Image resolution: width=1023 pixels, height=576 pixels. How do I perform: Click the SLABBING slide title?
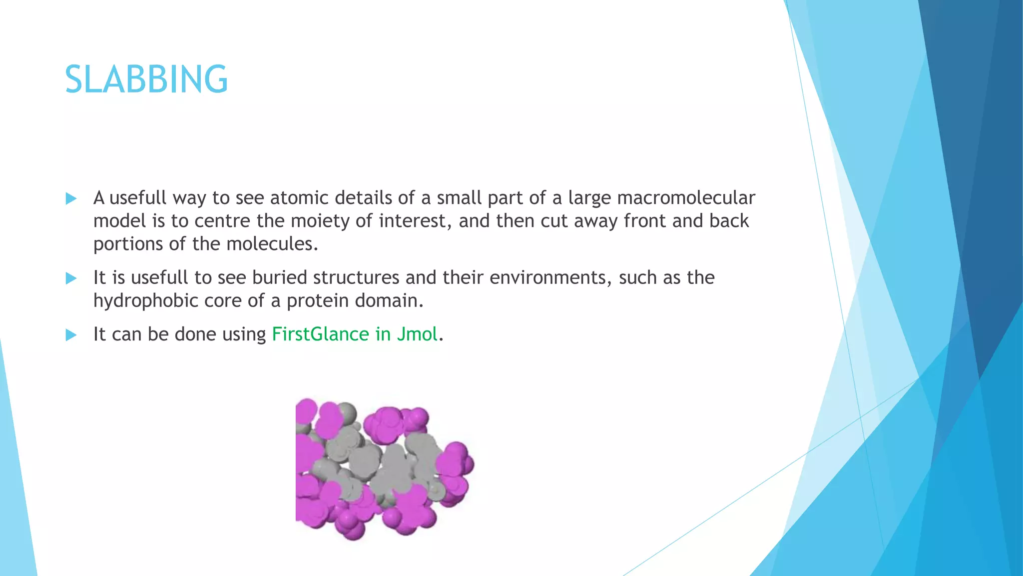tap(146, 79)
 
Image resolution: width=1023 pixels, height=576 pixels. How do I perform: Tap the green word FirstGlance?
tap(320, 334)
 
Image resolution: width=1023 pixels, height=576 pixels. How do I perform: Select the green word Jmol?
tap(417, 334)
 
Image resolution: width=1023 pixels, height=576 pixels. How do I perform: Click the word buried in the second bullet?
tap(279, 277)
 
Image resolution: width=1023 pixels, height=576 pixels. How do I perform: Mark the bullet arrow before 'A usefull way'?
tap(71, 198)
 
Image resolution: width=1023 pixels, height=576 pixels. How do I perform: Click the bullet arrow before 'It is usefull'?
tap(71, 278)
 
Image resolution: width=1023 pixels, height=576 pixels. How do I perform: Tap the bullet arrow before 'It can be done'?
tap(71, 334)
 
